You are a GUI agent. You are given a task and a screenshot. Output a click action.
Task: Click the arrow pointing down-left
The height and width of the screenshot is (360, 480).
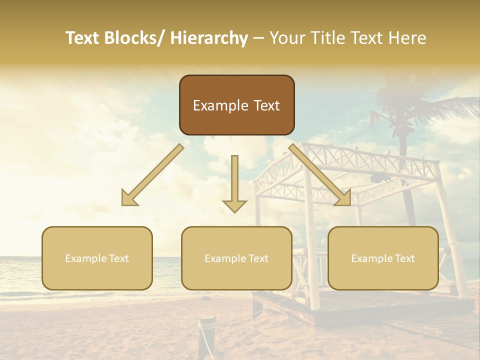coord(152,175)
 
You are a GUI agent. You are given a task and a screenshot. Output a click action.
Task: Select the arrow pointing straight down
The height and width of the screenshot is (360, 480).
coord(234,182)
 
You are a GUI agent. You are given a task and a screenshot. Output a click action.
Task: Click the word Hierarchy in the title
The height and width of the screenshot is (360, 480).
coord(209,38)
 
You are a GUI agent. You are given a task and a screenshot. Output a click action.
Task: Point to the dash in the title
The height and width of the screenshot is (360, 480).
coord(258,38)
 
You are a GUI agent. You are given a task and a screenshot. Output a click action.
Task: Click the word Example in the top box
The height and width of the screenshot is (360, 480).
coord(215,106)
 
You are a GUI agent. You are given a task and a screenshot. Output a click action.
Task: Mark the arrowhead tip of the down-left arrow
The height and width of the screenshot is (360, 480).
coord(123,204)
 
